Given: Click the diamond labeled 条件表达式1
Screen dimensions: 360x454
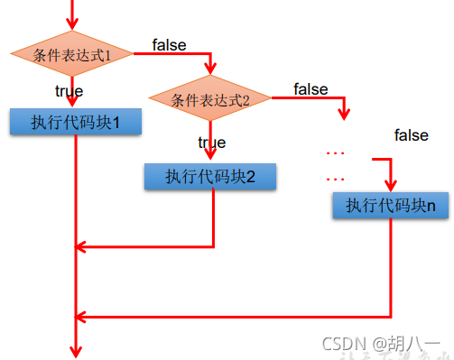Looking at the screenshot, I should coord(72,55).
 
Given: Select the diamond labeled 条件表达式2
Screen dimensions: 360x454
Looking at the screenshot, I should coord(210,99).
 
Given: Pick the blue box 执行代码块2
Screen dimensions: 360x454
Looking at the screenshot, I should coord(210,176).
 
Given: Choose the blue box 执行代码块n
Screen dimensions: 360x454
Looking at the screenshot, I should coord(391,206).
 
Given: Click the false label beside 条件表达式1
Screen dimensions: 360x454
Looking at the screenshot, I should coord(171,44).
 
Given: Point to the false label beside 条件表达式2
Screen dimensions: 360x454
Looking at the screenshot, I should coord(310,88).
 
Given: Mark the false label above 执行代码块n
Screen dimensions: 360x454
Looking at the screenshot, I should coord(411,135).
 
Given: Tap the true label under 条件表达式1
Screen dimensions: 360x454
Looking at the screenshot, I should coord(69,90).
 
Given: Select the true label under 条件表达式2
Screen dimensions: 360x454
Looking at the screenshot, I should coord(211,143).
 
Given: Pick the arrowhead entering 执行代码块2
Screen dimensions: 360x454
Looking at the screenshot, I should coord(211,157).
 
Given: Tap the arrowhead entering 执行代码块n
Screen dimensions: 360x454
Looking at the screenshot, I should coord(391,186).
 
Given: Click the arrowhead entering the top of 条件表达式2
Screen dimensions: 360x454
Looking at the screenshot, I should coord(211,73).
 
